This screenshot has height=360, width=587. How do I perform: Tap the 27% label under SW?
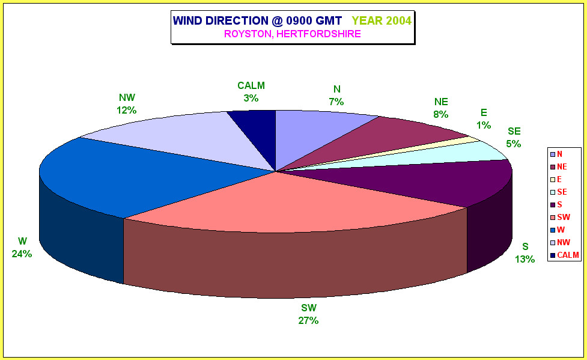[x=308, y=321]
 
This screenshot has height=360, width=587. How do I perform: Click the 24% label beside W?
[x=22, y=254]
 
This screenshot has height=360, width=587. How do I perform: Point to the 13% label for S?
[x=525, y=259]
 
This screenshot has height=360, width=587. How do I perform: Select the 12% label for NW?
[x=127, y=111]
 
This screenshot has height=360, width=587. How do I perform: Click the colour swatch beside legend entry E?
[x=553, y=180]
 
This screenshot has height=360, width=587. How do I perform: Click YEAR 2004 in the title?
[x=382, y=20]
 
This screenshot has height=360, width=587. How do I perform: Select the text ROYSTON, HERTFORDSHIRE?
[x=293, y=34]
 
